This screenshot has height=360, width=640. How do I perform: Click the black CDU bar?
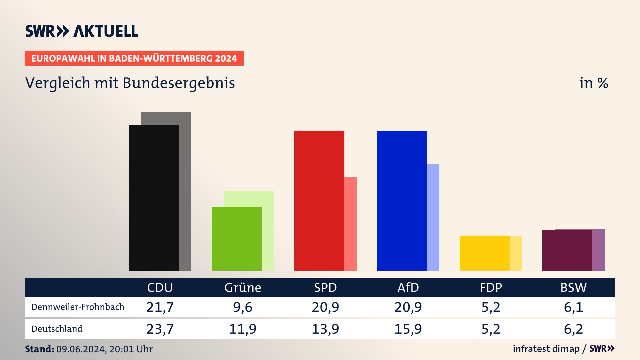click(154, 198)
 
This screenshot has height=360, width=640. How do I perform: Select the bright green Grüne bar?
click(236, 238)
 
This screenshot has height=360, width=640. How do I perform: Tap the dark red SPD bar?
click(319, 200)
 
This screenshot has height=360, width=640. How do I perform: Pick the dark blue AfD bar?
click(402, 200)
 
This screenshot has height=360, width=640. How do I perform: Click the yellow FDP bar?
click(484, 253)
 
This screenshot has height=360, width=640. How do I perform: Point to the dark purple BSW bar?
click(567, 250)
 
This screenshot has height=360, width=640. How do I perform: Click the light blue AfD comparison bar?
click(433, 217)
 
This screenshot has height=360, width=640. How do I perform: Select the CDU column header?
click(160, 287)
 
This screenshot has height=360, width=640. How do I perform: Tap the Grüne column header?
click(243, 287)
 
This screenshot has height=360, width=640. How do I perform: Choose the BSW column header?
click(573, 287)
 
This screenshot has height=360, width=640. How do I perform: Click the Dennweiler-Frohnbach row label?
click(78, 307)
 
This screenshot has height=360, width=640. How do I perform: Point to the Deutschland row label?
click(57, 329)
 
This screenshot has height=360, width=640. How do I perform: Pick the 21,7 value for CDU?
click(160, 307)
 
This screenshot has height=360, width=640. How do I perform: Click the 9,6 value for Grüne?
click(243, 307)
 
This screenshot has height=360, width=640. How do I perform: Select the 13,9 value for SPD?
click(325, 329)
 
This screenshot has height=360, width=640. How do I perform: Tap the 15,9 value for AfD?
click(408, 329)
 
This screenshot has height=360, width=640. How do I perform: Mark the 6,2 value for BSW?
click(573, 329)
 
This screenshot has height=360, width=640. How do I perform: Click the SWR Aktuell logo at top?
click(82, 31)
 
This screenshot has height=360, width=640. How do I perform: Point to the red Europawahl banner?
click(134, 58)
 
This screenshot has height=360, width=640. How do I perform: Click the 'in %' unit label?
click(594, 83)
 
